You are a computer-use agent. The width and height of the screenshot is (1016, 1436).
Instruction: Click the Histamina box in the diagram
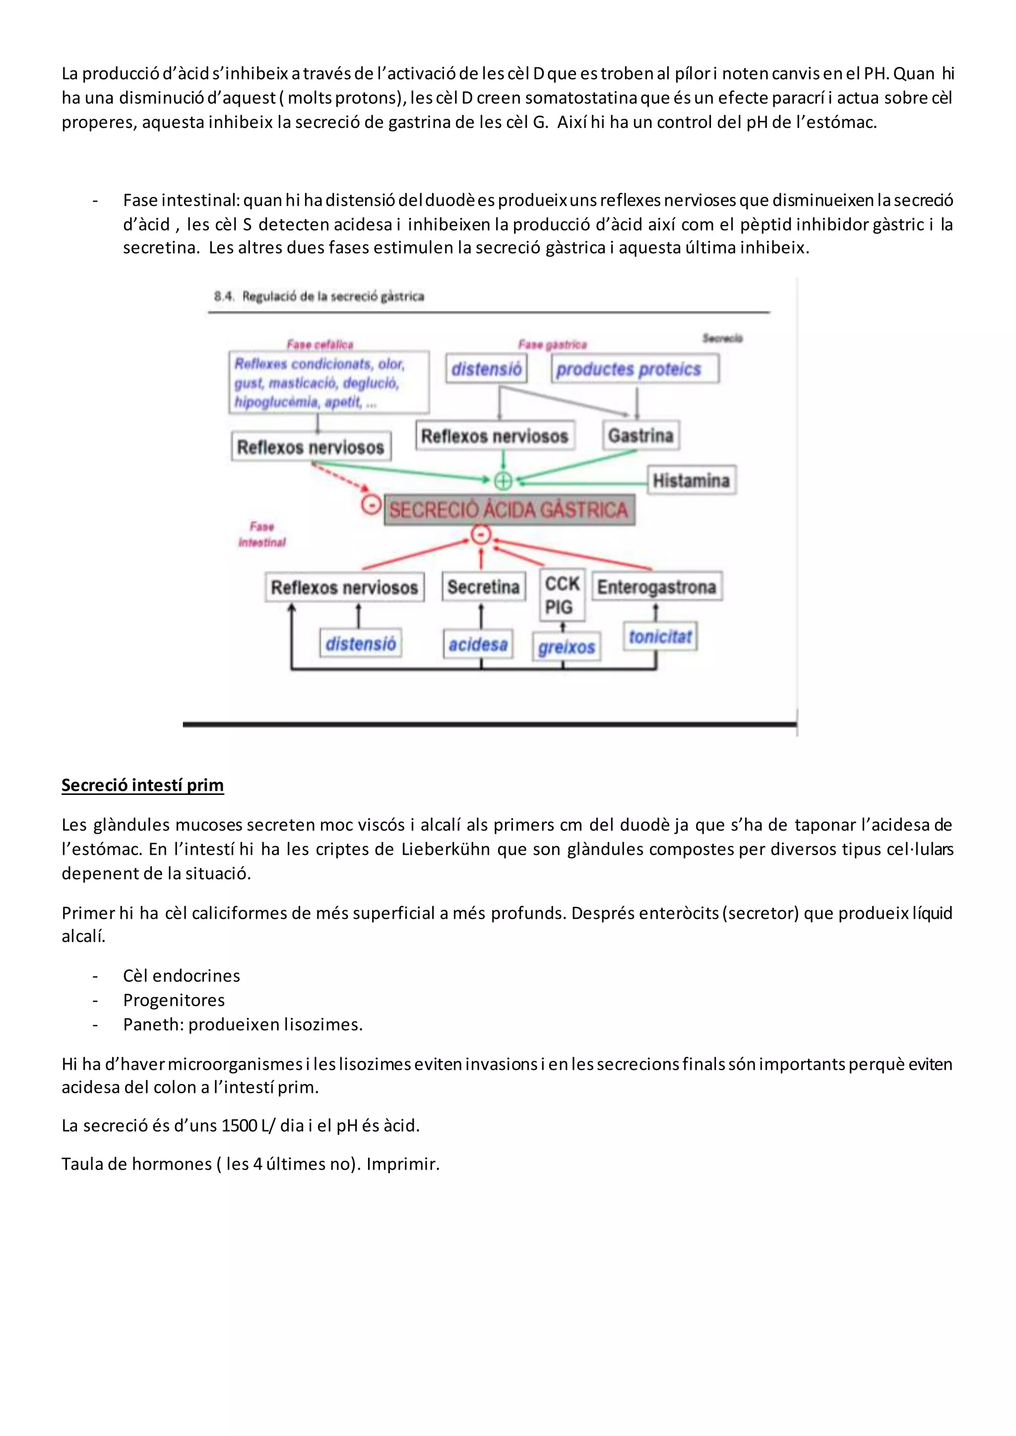point(691,480)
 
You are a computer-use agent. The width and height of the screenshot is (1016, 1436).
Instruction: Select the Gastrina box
point(640,435)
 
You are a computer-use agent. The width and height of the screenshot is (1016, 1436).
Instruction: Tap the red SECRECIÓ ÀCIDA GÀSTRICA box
point(508,510)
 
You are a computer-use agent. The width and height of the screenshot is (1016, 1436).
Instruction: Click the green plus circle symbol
point(503,480)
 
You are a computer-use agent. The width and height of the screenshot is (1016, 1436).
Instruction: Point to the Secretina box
point(483,587)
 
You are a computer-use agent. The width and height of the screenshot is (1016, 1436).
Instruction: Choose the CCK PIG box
point(561,595)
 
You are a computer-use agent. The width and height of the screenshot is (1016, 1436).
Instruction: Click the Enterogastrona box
point(656,587)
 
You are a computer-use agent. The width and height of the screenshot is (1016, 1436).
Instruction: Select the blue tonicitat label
point(659,637)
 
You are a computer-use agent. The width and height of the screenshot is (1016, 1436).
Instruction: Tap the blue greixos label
point(566,647)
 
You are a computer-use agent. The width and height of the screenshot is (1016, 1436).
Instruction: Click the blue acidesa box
point(478,644)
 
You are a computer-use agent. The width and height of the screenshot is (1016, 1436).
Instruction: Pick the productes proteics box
point(635,369)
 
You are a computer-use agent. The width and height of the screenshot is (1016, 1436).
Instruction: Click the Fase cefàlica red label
point(319,344)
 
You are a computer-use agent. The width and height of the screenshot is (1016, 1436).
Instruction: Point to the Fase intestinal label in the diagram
point(262,535)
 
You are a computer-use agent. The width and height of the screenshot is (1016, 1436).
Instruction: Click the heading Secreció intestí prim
point(143,785)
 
